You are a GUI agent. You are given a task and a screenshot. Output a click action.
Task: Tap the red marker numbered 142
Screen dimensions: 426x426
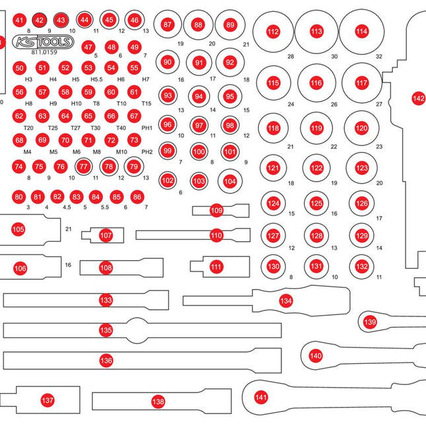point(418,98)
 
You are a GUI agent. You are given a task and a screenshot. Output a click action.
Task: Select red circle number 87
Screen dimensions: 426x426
point(168,24)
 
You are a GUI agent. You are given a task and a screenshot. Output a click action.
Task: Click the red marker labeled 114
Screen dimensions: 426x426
point(361,31)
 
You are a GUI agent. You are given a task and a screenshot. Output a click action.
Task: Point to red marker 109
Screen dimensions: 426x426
point(217,211)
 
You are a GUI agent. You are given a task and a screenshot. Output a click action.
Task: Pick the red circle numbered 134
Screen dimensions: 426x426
point(285,301)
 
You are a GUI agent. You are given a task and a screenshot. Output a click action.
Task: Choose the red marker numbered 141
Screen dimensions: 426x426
point(262,397)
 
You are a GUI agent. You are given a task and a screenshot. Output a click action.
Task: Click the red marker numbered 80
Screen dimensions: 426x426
point(18,197)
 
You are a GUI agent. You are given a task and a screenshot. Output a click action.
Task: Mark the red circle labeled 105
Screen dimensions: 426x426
point(18,229)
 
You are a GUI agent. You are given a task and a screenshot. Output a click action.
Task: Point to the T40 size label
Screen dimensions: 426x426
point(121,127)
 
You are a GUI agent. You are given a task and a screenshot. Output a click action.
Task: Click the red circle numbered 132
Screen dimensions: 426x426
point(361,266)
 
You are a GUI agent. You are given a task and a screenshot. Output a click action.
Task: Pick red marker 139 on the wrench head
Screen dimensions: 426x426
point(371,322)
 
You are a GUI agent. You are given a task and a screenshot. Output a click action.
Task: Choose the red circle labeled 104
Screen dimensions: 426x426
point(230,180)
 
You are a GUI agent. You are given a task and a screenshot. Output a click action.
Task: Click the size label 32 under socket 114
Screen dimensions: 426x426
point(378,57)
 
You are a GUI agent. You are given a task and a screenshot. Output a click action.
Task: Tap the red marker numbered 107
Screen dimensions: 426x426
point(106,234)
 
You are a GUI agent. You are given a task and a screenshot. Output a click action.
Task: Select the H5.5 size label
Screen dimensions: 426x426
point(96,79)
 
